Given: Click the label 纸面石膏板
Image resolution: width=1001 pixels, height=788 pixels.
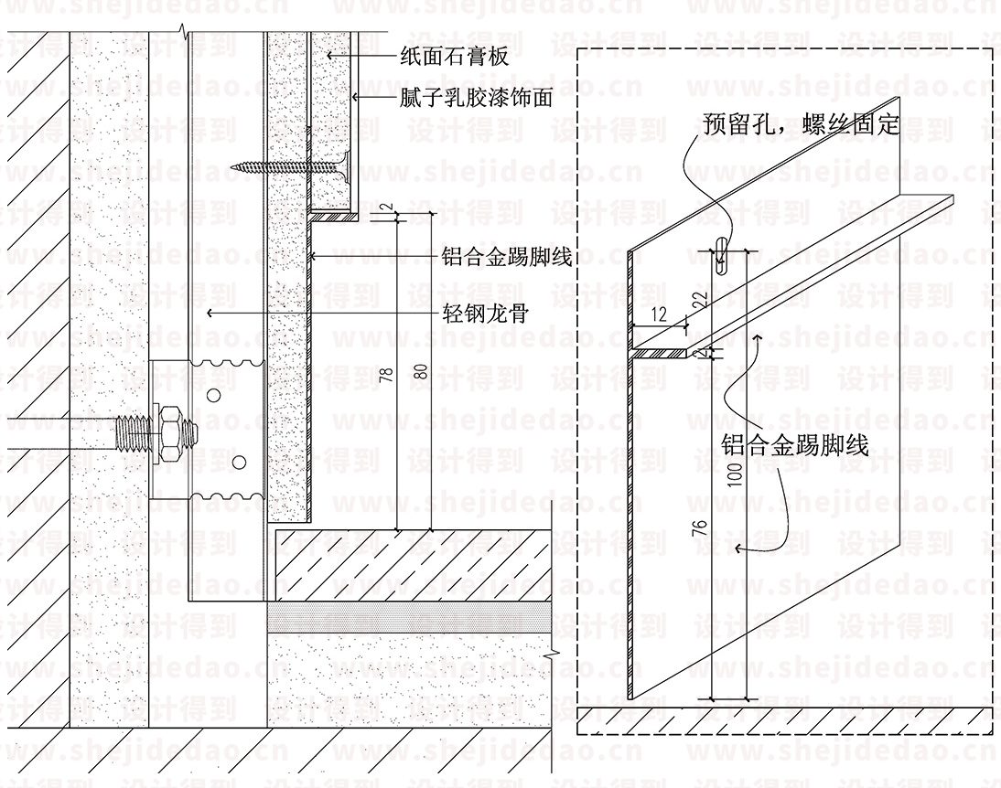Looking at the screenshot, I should tap(454, 57).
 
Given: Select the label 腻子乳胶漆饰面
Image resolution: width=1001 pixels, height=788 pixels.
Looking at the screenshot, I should tap(476, 98).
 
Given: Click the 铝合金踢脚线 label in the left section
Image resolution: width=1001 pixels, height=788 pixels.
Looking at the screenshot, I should tap(506, 257).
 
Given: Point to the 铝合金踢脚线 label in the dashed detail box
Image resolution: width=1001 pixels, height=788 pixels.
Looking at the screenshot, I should tap(794, 445).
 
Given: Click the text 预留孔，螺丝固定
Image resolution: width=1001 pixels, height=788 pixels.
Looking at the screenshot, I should tap(802, 123).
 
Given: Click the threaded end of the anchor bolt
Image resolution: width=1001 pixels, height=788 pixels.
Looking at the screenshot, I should tap(131, 430).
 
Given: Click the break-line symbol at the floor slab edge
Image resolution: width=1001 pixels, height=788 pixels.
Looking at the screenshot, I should tap(555, 654).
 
